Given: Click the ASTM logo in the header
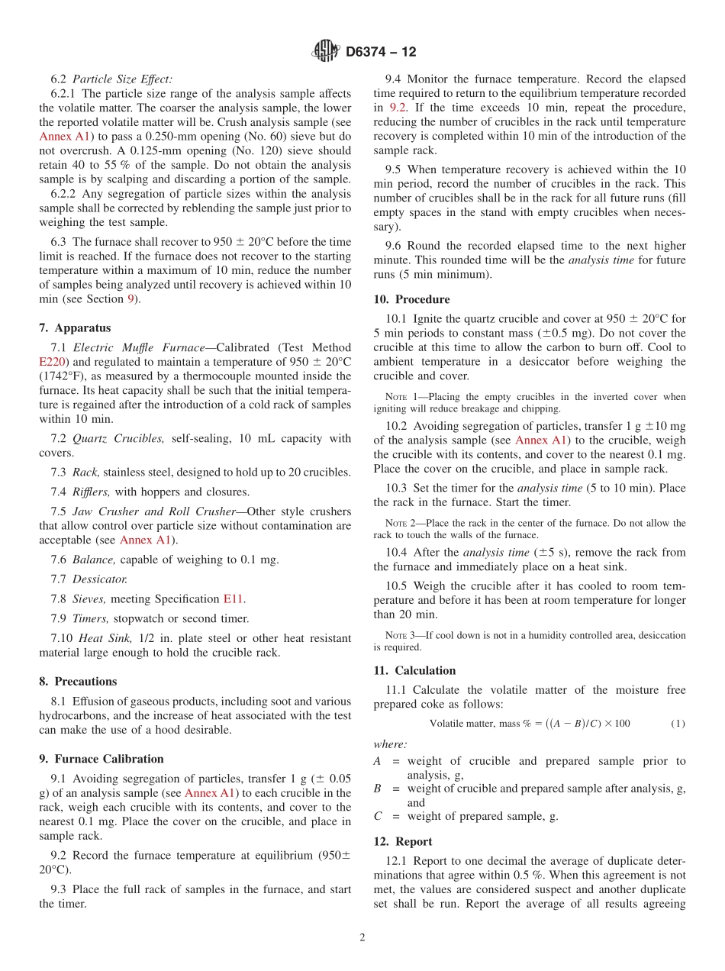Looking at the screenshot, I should click(326, 51).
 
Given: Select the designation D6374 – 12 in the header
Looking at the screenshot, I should click(381, 52).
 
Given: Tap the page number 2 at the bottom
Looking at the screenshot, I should click(362, 937).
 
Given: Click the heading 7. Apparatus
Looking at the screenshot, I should click(75, 327).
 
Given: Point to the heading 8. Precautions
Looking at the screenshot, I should click(78, 681).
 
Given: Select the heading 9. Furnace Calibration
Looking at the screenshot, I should click(101, 759).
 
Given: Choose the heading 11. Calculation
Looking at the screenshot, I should click(414, 670).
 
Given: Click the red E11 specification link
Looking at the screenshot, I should click(234, 598).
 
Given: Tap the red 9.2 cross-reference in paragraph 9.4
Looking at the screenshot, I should click(398, 108).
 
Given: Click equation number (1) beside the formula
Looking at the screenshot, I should click(678, 723).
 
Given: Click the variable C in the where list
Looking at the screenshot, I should click(378, 816).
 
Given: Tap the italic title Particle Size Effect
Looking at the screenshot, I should click(122, 79).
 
